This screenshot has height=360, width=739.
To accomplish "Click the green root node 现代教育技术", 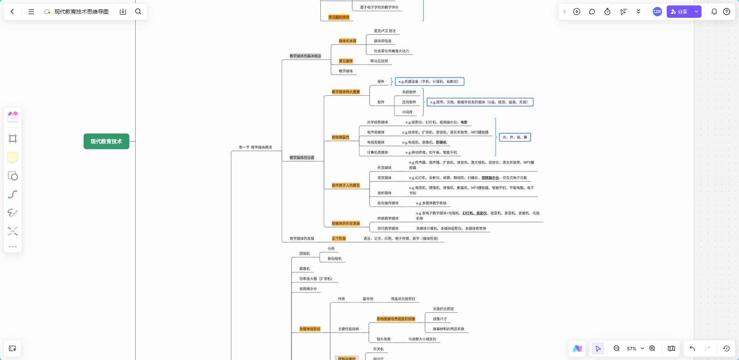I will coord(106,141).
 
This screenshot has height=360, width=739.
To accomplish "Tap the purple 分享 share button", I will coord(679,12).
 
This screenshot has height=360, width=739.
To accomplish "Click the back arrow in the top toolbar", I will coord(12,12).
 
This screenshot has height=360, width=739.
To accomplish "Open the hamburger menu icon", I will coord(31,12).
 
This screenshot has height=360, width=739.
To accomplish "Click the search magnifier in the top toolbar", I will coord(138,12).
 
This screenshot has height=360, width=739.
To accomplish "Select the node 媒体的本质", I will coord(347,41).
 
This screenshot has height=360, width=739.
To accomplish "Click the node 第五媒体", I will coord(346,61).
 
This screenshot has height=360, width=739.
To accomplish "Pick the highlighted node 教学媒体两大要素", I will coord(346,92).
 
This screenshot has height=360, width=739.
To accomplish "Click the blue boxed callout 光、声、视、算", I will coord(515,138).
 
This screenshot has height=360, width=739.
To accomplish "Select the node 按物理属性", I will coord(340,138).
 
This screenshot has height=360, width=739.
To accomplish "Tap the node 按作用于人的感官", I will coord(346,185).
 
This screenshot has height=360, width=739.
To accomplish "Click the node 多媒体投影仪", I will coord(310,329).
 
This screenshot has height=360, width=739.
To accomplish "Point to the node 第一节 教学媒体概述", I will coord(255,147).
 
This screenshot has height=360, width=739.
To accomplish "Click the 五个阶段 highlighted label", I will coord(339,239).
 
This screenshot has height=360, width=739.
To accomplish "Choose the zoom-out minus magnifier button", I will coord(616,348).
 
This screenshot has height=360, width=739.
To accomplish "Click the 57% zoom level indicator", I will coord(632,349).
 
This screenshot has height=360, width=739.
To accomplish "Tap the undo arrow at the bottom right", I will coord(692,348).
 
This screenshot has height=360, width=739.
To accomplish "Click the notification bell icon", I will coord(714,12).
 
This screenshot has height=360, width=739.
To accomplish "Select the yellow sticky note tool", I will coord(13,157).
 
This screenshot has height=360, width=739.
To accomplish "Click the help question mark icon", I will coord(727,12).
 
